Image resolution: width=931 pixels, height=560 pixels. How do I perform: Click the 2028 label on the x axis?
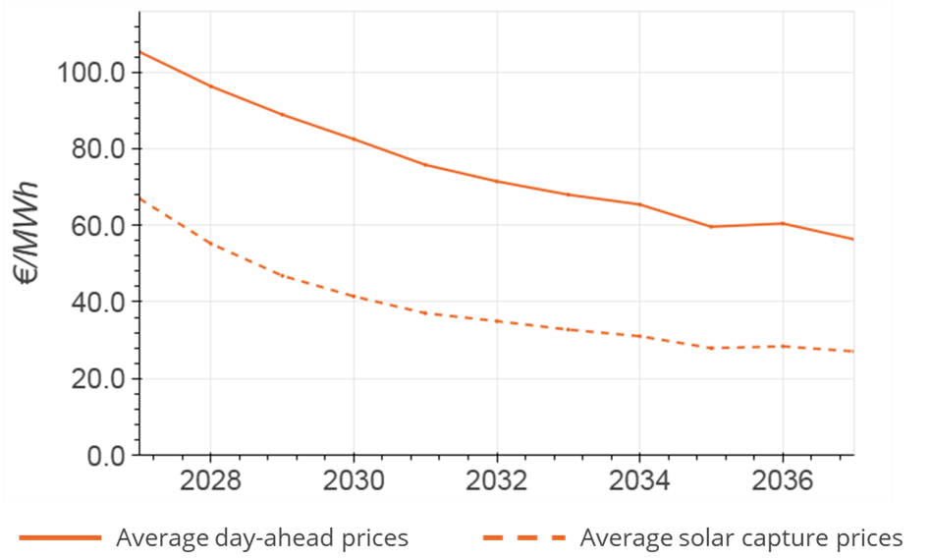(x=211, y=482)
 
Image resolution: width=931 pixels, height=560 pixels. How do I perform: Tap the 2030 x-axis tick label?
(x=354, y=482)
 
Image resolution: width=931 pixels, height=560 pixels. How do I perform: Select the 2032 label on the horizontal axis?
(x=497, y=482)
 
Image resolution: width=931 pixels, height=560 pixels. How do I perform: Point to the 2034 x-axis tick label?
(x=639, y=482)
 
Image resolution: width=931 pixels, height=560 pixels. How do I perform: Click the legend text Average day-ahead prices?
(x=262, y=537)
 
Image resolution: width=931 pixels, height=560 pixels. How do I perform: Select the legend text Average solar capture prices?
(x=740, y=537)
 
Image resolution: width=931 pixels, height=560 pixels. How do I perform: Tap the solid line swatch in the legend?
(x=60, y=537)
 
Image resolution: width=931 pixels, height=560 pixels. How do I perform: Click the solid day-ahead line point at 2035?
(x=711, y=227)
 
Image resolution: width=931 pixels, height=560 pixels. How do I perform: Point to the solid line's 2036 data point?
(x=782, y=223)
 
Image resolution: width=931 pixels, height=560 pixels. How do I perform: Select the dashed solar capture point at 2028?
(x=211, y=243)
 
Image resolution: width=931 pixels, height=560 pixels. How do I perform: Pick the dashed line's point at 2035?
(x=711, y=348)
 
